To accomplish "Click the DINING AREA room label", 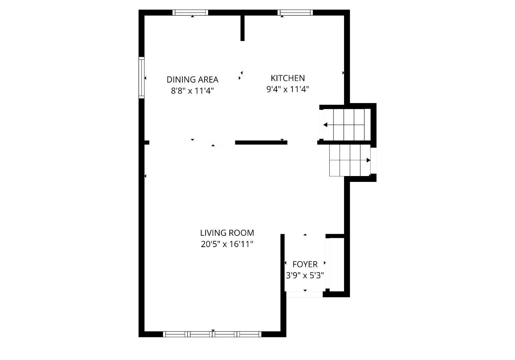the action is click(x=192, y=80).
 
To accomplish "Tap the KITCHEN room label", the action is click(x=288, y=78).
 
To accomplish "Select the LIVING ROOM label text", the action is click(x=227, y=233).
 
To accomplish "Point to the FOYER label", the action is click(x=305, y=265).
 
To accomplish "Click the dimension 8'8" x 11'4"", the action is click(x=192, y=91).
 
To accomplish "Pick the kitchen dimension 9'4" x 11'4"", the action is click(x=288, y=89).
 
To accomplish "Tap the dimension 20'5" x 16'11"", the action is click(x=227, y=244).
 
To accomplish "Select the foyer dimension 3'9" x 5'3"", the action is click(x=305, y=275).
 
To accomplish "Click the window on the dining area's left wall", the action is click(x=141, y=78).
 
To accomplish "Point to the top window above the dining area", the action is click(x=190, y=12).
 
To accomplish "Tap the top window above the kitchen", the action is click(x=295, y=12).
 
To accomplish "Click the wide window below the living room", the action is click(x=212, y=334).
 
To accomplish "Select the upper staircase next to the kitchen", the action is click(x=347, y=125).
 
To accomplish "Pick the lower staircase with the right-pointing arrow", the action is click(x=350, y=160).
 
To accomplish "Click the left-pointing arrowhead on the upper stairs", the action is click(x=325, y=125).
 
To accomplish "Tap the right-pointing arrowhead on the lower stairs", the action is click(x=368, y=160).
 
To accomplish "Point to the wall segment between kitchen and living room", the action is click(x=261, y=143).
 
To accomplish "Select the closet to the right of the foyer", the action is click(x=336, y=265).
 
